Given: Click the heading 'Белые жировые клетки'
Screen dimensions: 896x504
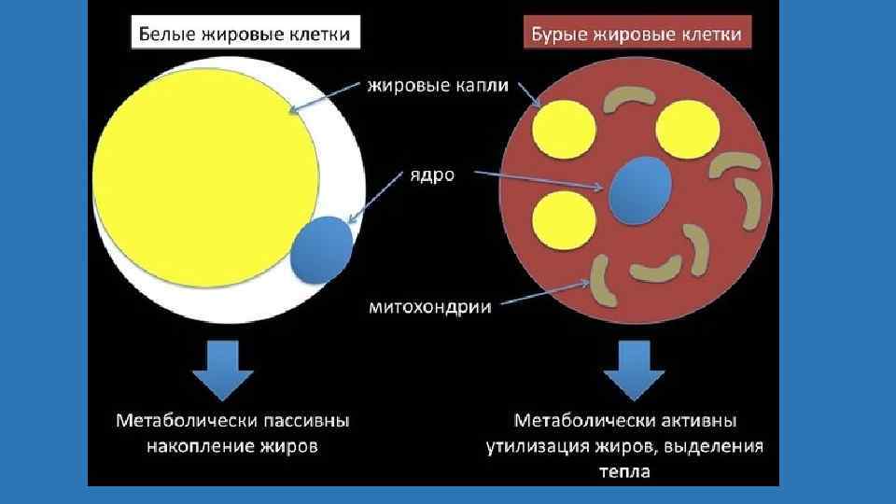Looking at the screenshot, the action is [x=245, y=35].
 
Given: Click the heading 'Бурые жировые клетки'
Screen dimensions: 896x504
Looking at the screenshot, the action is [x=637, y=35].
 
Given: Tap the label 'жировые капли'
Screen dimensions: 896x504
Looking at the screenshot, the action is [x=438, y=87].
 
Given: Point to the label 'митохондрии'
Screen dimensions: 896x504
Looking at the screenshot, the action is [x=431, y=305].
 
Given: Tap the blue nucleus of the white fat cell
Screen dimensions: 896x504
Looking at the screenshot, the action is [x=322, y=248].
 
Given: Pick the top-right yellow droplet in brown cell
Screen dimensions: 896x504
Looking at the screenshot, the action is [x=689, y=127].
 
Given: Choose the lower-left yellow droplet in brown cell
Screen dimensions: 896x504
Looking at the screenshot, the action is [x=564, y=220].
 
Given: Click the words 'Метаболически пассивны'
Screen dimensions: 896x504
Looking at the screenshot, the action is [x=232, y=421].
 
